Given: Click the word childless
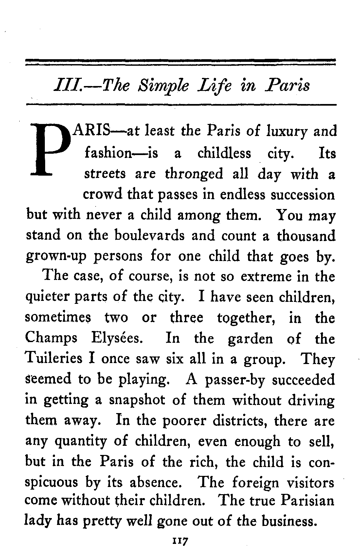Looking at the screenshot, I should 224,153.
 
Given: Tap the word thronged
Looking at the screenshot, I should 194,174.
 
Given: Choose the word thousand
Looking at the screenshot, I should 306,235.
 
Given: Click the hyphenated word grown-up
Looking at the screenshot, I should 56,256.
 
